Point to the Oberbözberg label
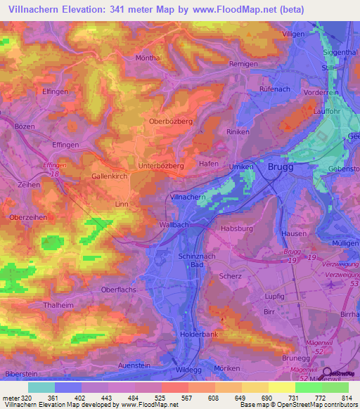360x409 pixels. [171, 121]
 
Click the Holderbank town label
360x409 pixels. [200, 335]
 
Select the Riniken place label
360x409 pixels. [238, 131]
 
